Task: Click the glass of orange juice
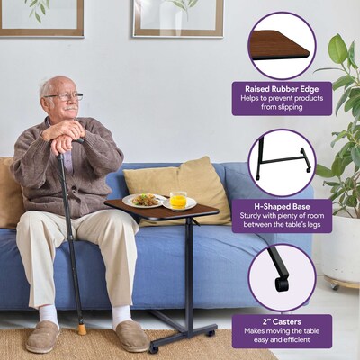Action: coord(178,200)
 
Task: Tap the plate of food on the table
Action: coord(144,201)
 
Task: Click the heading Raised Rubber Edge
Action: coord(282,89)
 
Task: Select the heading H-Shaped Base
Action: coord(282,206)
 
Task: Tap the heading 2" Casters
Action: coord(282,322)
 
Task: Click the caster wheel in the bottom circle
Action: coord(282,283)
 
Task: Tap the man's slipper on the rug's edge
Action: coord(42,336)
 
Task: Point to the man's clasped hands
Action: coord(64,134)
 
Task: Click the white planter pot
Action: coord(341,249)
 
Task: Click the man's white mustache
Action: coord(71,108)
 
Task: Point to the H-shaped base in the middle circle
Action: coord(282,162)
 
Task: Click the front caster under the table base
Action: coord(154,349)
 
